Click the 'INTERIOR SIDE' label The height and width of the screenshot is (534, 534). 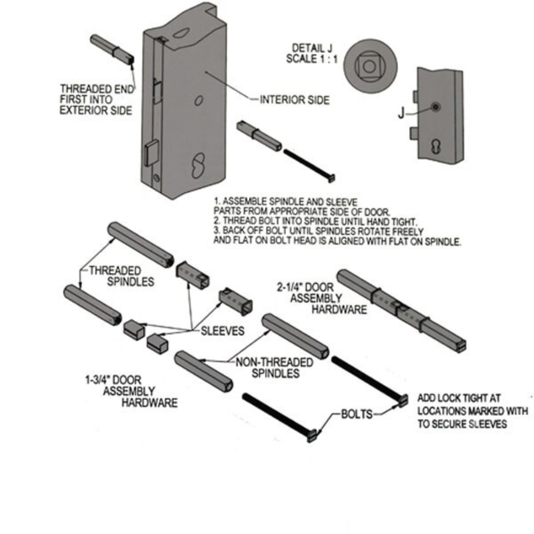295,101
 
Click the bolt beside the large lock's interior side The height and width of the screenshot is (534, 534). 309,165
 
